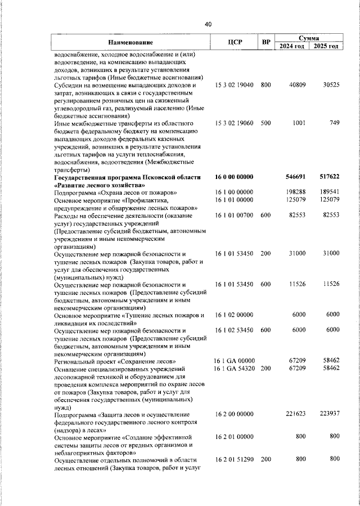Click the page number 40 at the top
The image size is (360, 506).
point(208,24)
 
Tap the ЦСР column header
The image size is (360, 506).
point(235,42)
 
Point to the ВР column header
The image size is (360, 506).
point(266,42)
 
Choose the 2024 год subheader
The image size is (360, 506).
point(292,46)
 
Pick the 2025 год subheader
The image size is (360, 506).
point(326,46)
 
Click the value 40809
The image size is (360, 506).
point(296,85)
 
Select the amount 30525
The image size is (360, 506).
point(331,85)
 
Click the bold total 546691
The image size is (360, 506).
point(295,177)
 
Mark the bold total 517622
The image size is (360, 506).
point(329,177)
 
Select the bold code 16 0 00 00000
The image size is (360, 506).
point(235,177)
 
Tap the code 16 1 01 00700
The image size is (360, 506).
point(235,216)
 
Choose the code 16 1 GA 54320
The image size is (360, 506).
point(235,368)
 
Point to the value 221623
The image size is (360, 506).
point(296,414)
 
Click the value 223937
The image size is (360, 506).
point(330,414)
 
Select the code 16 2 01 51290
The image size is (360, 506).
point(235,459)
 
